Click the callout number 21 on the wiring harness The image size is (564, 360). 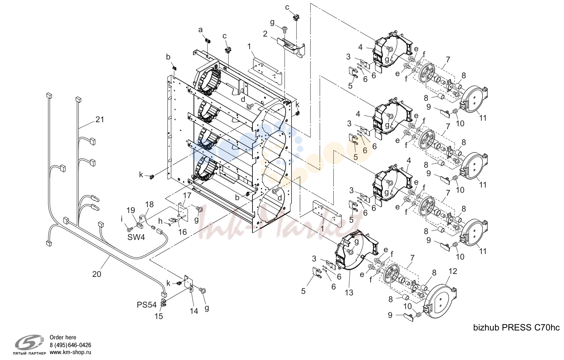point(100,119)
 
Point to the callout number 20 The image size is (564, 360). point(96,274)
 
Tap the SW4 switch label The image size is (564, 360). point(136,237)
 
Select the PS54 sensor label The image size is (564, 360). point(147,305)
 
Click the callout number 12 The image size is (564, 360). point(453,271)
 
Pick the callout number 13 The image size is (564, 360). point(349,292)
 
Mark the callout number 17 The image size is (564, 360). point(187,195)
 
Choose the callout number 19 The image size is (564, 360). point(131,210)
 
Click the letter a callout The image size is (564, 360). point(200,30)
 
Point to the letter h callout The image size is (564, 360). point(161,221)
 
